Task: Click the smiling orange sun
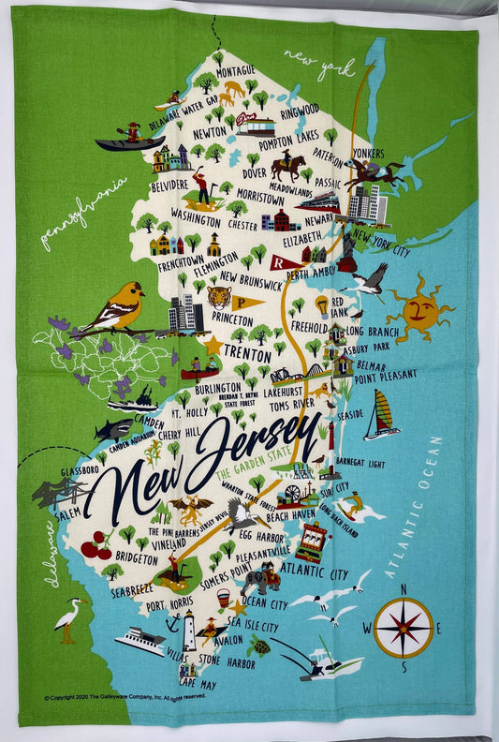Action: tap(418, 309)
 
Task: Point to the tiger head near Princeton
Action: tap(219, 298)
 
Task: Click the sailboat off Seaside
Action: tap(381, 415)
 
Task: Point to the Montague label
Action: tap(236, 71)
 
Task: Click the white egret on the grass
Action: tap(68, 619)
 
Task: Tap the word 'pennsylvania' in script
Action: tap(84, 213)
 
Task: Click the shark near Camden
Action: tap(113, 429)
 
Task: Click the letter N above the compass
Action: tap(403, 589)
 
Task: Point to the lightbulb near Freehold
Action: tap(321, 304)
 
